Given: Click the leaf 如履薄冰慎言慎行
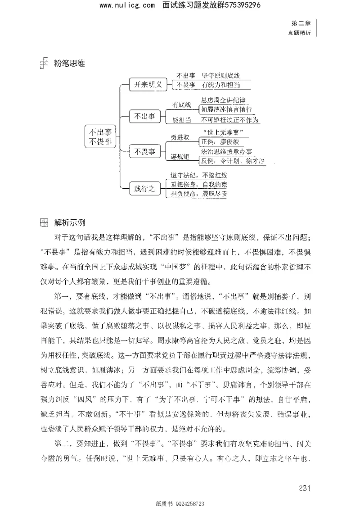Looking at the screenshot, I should click(x=226, y=109).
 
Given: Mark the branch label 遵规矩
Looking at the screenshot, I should click(x=180, y=157).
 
